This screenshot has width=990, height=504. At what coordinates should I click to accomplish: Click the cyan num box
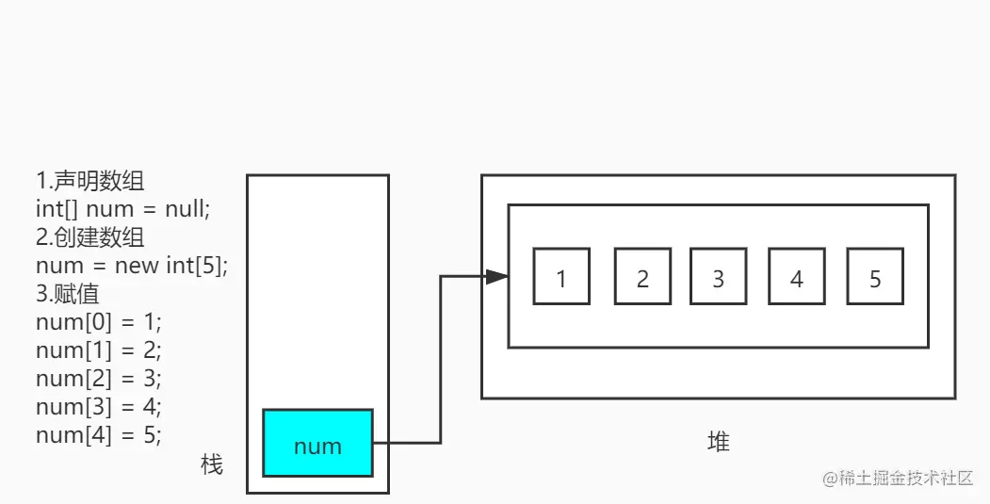[x=317, y=443]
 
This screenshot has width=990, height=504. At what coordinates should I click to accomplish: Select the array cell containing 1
[x=561, y=277]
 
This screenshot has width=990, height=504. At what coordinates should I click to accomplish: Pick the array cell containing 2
[x=642, y=277]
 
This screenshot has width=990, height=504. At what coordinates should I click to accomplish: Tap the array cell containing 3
[x=719, y=277]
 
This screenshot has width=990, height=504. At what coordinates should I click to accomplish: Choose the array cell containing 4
[x=797, y=277]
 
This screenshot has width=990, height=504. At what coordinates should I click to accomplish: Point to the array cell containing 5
[x=875, y=277]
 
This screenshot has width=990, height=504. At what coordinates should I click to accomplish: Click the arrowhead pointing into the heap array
[x=496, y=276]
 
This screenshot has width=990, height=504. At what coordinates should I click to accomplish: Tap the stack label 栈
[x=212, y=464]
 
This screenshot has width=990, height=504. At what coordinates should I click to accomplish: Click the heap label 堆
[x=718, y=441]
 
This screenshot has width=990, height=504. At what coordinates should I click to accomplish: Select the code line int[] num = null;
[x=123, y=209]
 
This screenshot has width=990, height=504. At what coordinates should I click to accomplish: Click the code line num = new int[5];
[x=132, y=266]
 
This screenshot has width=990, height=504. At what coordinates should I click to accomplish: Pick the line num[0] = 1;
[x=99, y=322]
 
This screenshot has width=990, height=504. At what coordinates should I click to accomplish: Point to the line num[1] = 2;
[x=99, y=350]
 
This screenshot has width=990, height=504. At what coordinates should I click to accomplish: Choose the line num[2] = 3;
[x=99, y=379]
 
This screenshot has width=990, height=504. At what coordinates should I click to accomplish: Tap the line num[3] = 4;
[x=99, y=407]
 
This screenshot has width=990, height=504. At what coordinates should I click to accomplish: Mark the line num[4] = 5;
[x=99, y=435]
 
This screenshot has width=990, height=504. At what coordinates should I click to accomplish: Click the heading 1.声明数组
[x=90, y=181]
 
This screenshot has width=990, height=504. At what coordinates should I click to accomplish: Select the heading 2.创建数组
[x=90, y=237]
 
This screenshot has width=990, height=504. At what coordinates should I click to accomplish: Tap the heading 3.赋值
[x=68, y=294]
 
